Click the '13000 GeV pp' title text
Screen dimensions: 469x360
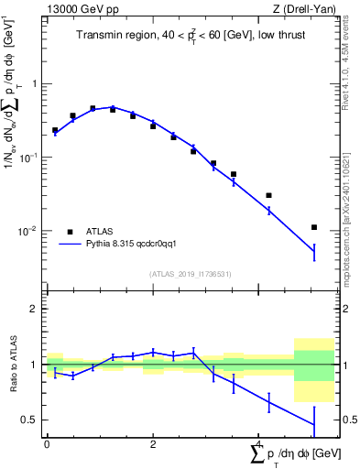point(77,9)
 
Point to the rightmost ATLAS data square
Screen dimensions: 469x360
point(314,227)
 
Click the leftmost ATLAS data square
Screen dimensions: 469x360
point(55,130)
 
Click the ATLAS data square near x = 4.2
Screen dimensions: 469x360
point(268,195)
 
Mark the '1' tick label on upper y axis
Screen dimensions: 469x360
point(34,83)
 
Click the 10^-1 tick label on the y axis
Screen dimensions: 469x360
point(29,157)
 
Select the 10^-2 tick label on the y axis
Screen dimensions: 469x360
point(29,231)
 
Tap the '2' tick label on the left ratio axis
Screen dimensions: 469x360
point(34,309)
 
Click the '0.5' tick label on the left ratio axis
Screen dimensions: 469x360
point(29,420)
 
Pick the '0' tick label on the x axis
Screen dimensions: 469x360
point(47,443)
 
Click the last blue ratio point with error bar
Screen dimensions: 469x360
point(314,424)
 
